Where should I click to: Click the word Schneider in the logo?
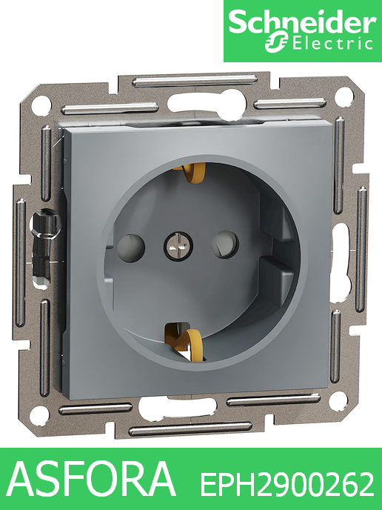(x=302, y=22)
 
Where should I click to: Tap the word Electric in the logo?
(x=332, y=44)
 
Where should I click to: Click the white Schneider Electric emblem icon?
(x=277, y=42)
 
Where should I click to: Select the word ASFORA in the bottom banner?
(x=92, y=478)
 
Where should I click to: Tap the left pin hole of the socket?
(x=130, y=248)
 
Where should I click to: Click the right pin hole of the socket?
(x=225, y=245)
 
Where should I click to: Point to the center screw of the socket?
(x=178, y=246)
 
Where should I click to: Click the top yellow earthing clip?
(x=190, y=172)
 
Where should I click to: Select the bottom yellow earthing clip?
(x=184, y=343)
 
